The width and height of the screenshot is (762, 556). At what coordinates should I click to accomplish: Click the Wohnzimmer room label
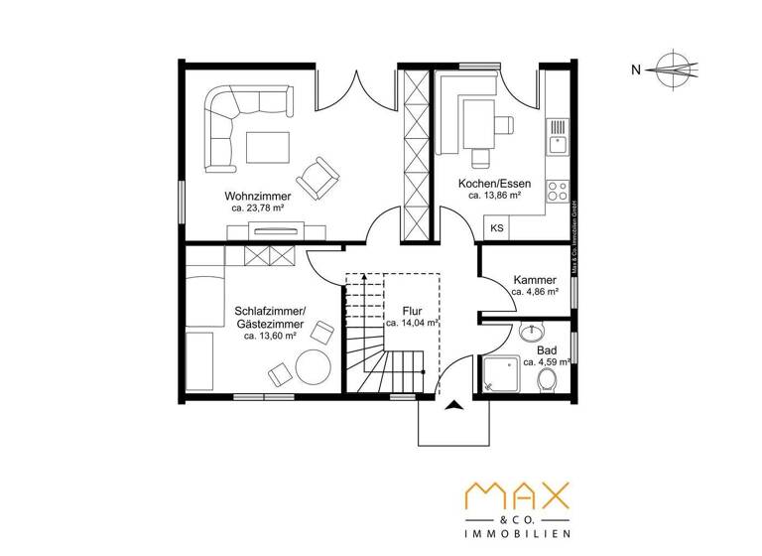tap(257, 197)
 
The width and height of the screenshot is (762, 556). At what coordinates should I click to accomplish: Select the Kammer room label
tap(534, 281)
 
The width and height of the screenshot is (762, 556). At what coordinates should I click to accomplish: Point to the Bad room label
tap(547, 350)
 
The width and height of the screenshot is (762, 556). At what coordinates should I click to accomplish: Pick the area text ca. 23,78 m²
tap(257, 209)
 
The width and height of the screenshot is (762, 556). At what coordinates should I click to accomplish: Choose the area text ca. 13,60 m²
tap(270, 336)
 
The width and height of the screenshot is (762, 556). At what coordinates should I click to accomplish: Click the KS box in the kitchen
tap(496, 227)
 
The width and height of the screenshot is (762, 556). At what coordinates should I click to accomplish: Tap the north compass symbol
tap(677, 69)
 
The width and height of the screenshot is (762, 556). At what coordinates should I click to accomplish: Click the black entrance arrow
tap(454, 404)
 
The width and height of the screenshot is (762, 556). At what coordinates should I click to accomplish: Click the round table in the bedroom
tap(314, 368)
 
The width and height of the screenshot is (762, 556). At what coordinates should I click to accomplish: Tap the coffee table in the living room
tap(265, 147)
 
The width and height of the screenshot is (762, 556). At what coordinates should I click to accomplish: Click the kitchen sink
tap(558, 137)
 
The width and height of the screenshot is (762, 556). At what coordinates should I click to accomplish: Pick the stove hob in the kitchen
tap(559, 188)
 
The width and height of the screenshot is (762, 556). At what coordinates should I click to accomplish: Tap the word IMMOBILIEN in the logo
tap(518, 533)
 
